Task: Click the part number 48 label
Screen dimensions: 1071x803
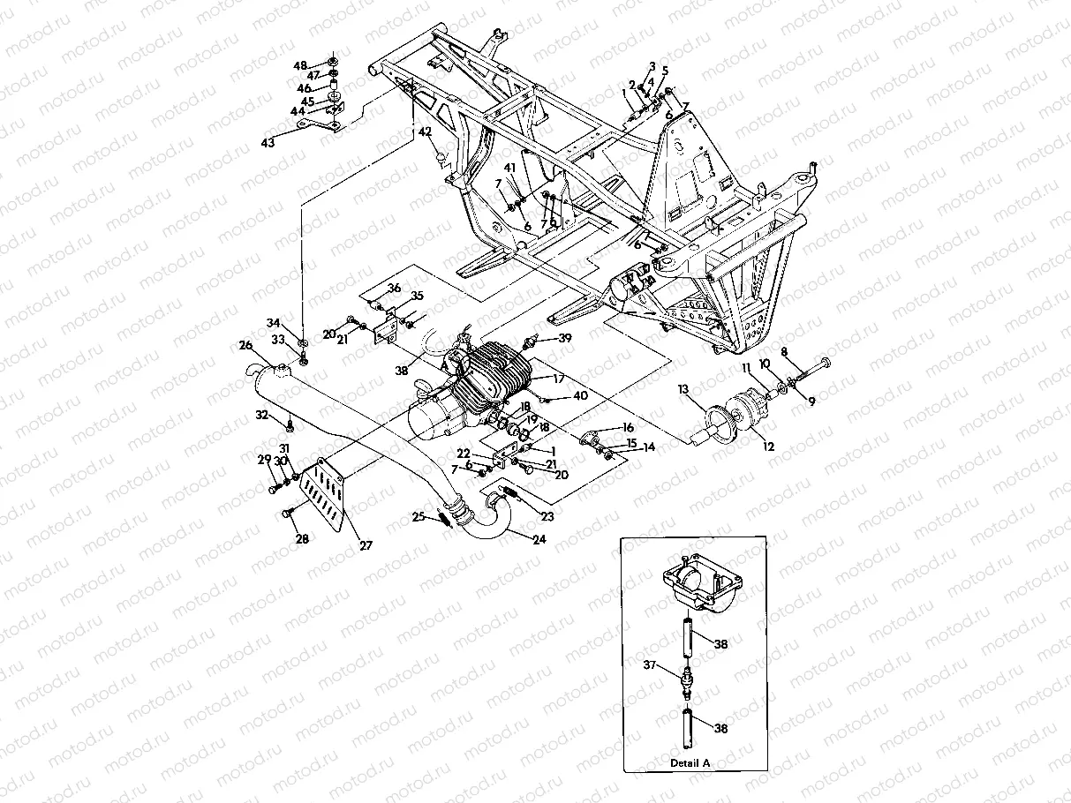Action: click(300, 65)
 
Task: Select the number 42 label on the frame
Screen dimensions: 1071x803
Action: click(425, 131)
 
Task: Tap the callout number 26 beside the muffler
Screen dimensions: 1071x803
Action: click(245, 345)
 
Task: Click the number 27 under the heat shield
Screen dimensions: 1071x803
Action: click(366, 546)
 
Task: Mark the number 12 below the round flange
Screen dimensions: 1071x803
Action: click(768, 447)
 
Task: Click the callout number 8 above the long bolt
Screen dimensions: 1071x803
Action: click(784, 350)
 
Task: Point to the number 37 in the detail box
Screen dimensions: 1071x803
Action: click(650, 664)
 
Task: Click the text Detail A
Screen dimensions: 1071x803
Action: click(690, 762)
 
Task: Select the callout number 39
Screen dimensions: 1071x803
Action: click(565, 338)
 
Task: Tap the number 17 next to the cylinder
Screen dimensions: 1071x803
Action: click(558, 378)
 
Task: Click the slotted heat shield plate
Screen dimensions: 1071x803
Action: click(322, 498)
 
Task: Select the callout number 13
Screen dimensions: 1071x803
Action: click(683, 388)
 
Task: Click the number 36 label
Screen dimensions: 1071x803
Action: click(394, 288)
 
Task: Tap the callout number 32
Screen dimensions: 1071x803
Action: click(261, 414)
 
